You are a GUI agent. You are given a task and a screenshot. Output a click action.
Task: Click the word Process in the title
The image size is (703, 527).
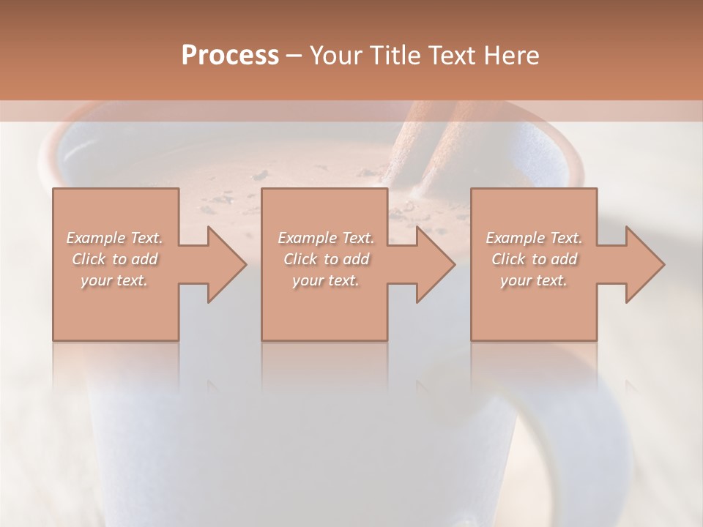pyautogui.click(x=230, y=56)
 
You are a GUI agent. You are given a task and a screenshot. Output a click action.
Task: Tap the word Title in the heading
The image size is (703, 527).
pyautogui.click(x=395, y=56)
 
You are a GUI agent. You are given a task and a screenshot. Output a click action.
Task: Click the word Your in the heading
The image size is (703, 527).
pyautogui.click(x=338, y=56)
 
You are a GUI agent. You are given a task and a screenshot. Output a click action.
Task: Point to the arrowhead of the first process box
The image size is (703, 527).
pyautogui.click(x=226, y=264)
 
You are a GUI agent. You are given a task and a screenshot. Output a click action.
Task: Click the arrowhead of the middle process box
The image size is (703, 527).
pyautogui.click(x=435, y=264)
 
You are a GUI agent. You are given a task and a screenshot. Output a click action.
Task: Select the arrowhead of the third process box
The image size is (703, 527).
pyautogui.click(x=644, y=264)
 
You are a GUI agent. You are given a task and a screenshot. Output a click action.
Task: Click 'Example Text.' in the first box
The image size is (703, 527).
pyautogui.click(x=114, y=238)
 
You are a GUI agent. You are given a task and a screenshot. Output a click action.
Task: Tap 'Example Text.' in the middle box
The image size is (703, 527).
pyautogui.click(x=325, y=238)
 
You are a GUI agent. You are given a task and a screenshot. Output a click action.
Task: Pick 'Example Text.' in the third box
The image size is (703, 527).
pyautogui.click(x=534, y=238)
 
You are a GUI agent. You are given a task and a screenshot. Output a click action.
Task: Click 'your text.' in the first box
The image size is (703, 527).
pyautogui.click(x=114, y=280)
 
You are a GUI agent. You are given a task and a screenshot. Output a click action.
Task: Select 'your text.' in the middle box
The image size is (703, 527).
pyautogui.click(x=325, y=280)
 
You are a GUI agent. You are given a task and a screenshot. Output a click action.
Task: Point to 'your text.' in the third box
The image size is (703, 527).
pyautogui.click(x=534, y=280)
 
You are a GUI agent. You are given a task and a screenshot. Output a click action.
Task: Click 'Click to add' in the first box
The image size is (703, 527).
pyautogui.click(x=114, y=259)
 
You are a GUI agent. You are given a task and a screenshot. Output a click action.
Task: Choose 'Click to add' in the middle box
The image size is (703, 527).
pyautogui.click(x=325, y=259)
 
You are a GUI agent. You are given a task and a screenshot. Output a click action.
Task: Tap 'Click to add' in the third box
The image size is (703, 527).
pyautogui.click(x=534, y=259)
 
